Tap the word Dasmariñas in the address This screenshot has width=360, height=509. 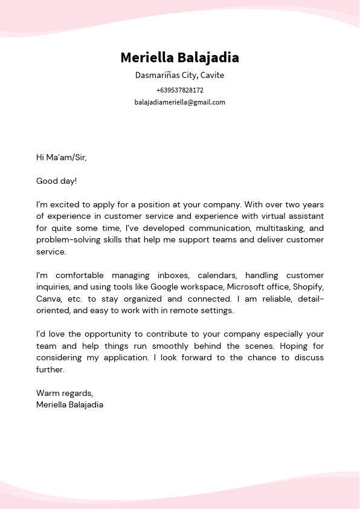tap(156, 76)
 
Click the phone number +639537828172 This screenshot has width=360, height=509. tap(179, 90)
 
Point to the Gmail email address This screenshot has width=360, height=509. tap(179, 102)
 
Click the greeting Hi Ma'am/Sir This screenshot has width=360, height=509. tap(62, 158)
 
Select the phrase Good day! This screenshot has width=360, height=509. tap(57, 181)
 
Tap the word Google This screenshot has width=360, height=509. tap(164, 287)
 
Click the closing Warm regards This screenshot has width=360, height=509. tap(65, 393)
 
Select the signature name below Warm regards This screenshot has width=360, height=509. tap(69, 404)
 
